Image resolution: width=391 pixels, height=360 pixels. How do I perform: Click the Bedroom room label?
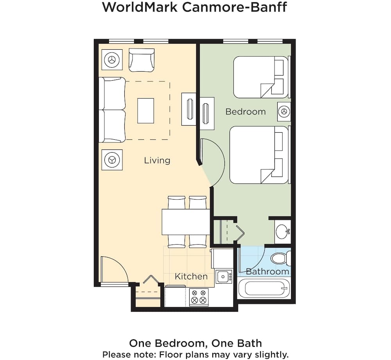pos(246,112)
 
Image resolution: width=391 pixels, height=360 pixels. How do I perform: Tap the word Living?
pos(157,160)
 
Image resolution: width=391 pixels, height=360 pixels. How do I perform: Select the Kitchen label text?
pos(191,276)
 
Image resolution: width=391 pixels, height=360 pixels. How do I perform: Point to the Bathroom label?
pos(267,272)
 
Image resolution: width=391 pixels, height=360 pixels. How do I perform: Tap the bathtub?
pos(264,288)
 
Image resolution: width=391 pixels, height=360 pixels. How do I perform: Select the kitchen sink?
pos(224,277)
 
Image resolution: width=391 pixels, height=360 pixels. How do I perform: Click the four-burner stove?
pos(199,297)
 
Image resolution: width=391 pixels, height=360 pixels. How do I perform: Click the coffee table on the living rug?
pos(145,111)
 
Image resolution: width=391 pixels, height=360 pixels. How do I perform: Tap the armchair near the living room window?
pos(142,60)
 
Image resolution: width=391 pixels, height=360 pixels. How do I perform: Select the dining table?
pos(186,222)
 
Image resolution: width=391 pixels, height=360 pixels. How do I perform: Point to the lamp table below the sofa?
pos(112,160)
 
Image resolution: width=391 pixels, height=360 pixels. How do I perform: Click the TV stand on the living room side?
pos(189,109)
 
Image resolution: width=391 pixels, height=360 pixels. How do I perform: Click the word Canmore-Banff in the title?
pos(235,7)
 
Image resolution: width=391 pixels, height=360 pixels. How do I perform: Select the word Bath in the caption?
pos(249,343)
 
